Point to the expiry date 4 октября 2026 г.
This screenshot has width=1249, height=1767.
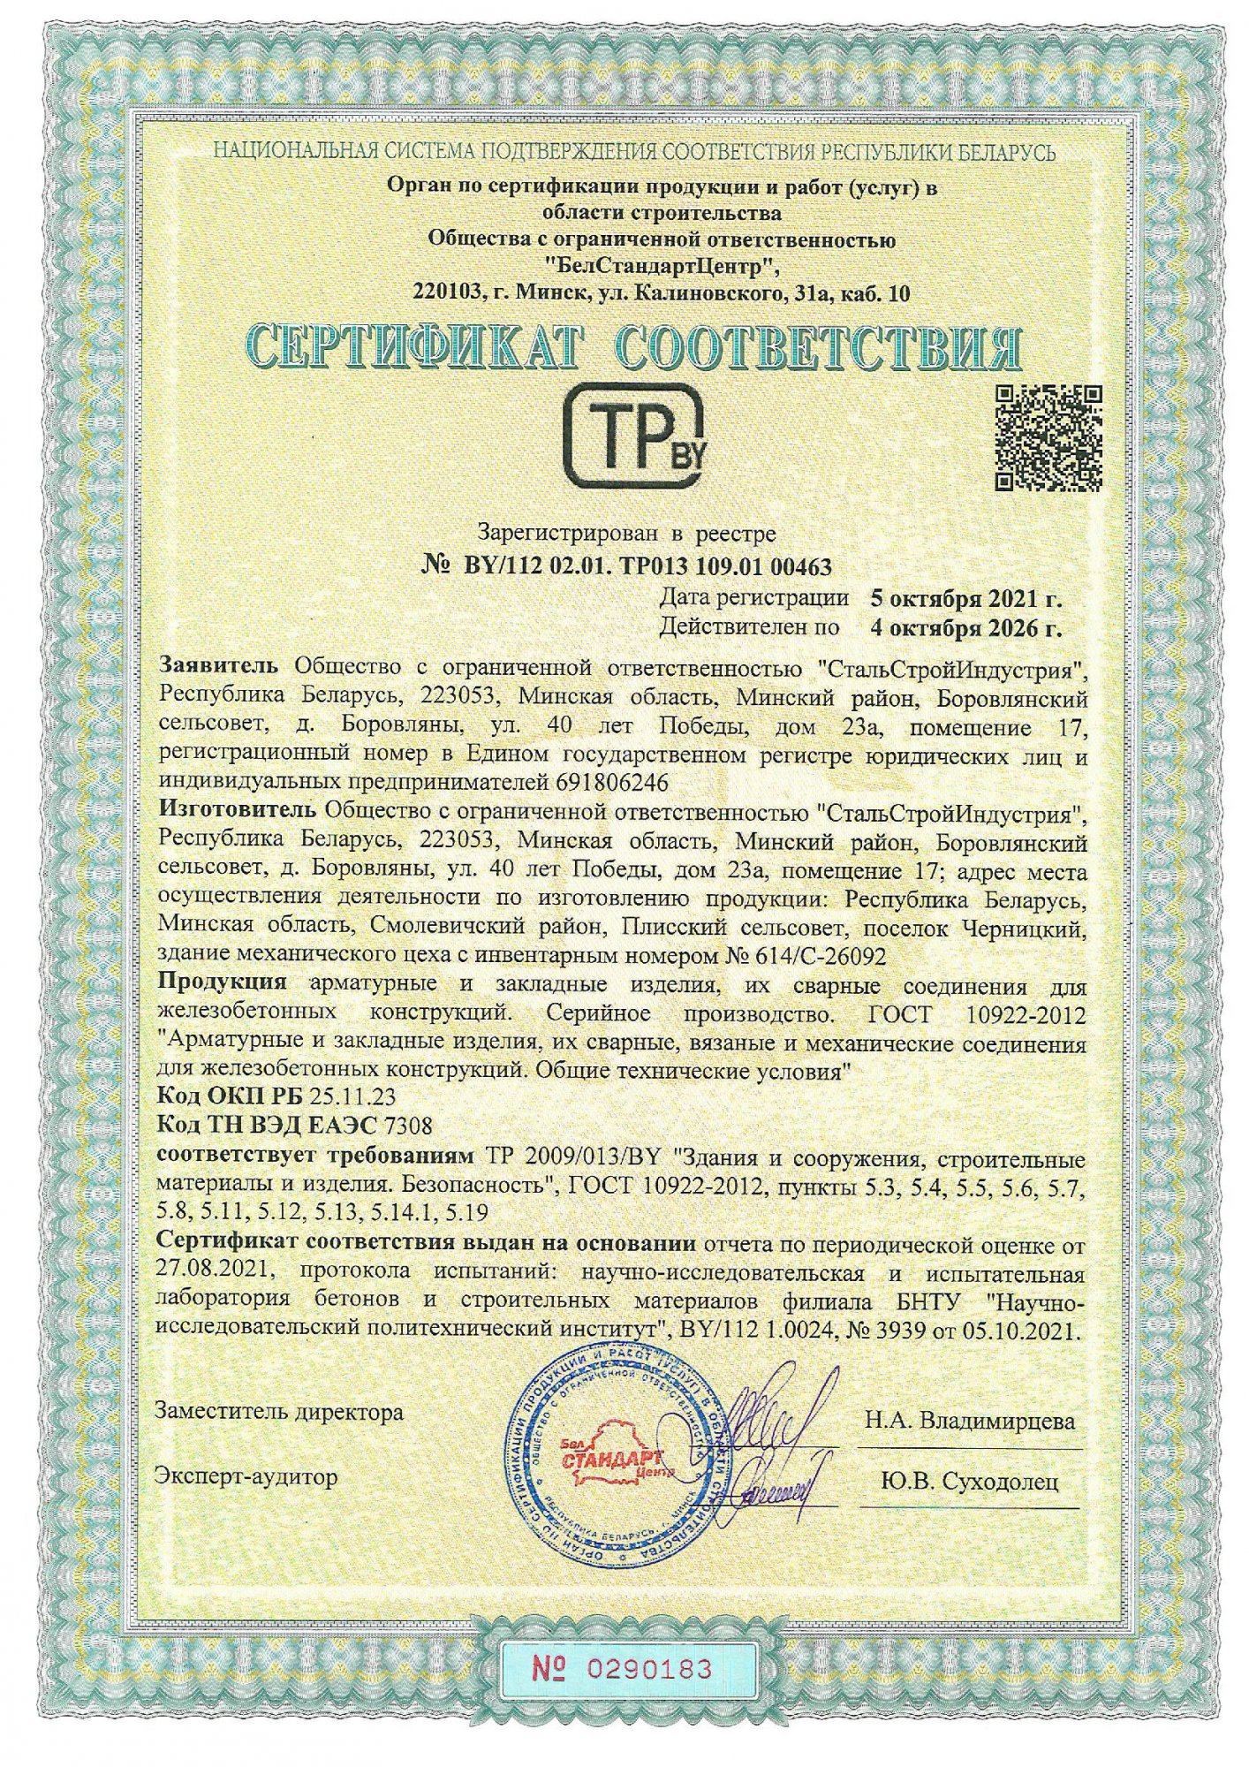click(965, 628)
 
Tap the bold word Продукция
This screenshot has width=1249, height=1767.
click(222, 982)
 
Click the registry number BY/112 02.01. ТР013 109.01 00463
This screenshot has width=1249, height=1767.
click(647, 565)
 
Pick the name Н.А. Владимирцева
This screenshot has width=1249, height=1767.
click(970, 1421)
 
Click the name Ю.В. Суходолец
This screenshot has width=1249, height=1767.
click(970, 1482)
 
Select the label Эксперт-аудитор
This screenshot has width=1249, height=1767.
click(246, 1475)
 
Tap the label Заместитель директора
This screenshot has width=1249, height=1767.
click(279, 1412)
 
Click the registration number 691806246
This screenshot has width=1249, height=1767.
click(614, 782)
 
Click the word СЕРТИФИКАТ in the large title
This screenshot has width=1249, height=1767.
click(414, 350)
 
